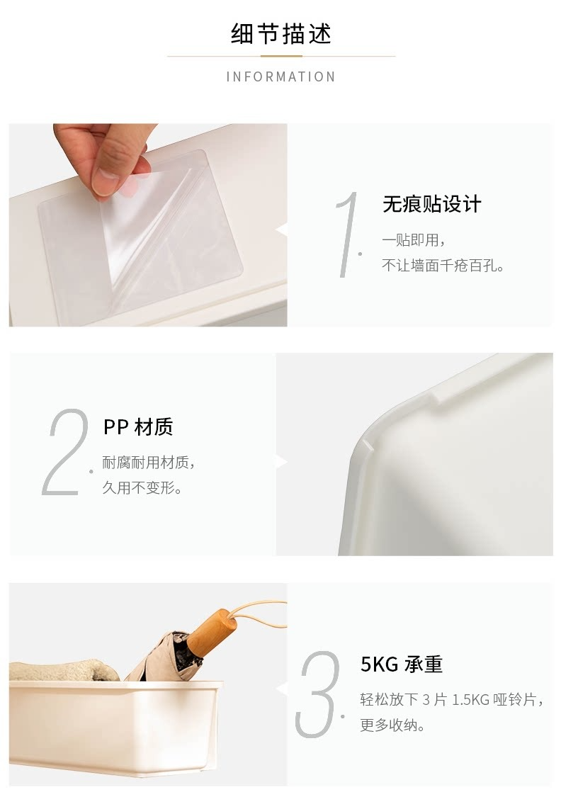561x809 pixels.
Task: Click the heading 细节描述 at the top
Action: pyautogui.click(x=280, y=34)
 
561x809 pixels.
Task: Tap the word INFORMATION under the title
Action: pyautogui.click(x=280, y=77)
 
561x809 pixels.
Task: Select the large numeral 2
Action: pyautogui.click(x=65, y=452)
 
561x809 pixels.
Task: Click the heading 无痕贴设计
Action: pyautogui.click(x=431, y=204)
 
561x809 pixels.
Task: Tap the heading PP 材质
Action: pyautogui.click(x=138, y=427)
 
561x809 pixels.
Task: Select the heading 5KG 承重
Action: pyautogui.click(x=402, y=664)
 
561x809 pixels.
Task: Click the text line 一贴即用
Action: pyautogui.click(x=413, y=240)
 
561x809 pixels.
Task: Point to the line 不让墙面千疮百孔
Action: pyautogui.click(x=442, y=265)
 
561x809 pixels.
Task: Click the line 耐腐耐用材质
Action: pyautogui.click(x=148, y=463)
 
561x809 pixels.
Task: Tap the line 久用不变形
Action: pyautogui.click(x=142, y=487)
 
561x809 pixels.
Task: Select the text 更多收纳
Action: pyautogui.click(x=392, y=725)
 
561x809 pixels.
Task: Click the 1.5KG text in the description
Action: pyautogui.click(x=470, y=700)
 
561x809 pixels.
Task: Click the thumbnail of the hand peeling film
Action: pyautogui.click(x=148, y=225)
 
